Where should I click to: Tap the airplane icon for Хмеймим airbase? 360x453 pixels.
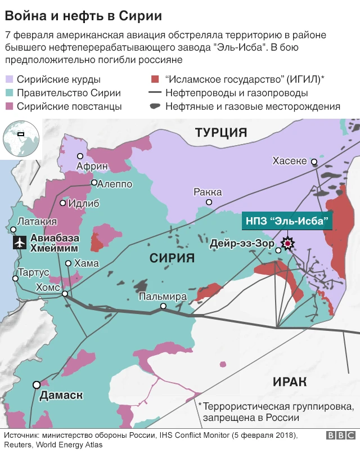[x=20, y=242]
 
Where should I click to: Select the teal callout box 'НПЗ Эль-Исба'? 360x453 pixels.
[x=287, y=220]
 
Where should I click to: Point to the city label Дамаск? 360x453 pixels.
[x=61, y=396]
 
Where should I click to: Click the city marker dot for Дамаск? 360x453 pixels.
[x=37, y=385]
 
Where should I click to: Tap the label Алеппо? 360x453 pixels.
[x=115, y=184]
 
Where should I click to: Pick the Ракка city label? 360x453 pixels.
[x=207, y=191]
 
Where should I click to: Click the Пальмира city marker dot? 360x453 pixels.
[x=163, y=307]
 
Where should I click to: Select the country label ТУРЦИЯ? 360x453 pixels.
[x=221, y=133]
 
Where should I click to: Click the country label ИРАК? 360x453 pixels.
[x=290, y=382]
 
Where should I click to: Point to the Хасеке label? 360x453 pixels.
[x=290, y=161]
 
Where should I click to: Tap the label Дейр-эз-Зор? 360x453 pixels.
[x=241, y=244]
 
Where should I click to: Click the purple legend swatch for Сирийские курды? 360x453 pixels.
[x=9, y=79]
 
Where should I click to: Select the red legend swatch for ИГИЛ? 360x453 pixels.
[x=154, y=79]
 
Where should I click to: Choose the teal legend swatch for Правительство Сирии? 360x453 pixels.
[x=9, y=93]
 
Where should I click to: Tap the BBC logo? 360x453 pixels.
[x=340, y=436]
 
